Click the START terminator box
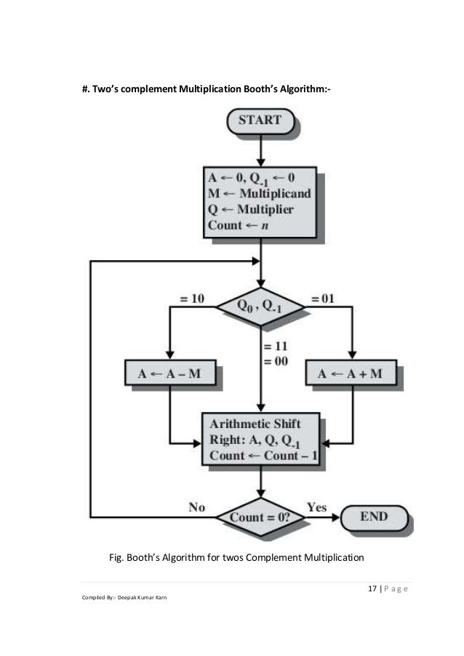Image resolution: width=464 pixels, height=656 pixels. click(260, 121)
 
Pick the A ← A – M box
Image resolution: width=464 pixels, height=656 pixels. click(169, 373)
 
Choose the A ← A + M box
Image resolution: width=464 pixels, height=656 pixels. click(351, 373)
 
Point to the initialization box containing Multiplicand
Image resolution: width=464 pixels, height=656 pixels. click(260, 201)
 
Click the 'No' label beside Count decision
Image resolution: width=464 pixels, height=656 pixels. click(196, 508)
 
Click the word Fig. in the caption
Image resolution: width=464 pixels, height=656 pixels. click(116, 558)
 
